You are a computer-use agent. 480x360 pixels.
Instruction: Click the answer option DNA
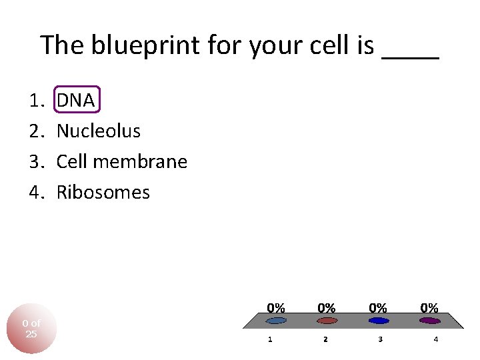76,101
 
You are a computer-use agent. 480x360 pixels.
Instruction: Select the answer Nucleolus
99,131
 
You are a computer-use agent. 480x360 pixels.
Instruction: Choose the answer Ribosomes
103,193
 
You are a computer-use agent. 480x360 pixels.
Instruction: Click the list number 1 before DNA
35,101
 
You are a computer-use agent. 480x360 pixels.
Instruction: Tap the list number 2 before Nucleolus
35,131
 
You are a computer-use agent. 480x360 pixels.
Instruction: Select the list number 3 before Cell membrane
35,162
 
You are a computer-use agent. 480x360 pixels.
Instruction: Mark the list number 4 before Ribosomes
35,193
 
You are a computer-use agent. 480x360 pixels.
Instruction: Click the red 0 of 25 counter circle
31,329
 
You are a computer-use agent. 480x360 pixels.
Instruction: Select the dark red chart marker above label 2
327,321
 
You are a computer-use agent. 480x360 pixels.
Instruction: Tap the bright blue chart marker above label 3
378,321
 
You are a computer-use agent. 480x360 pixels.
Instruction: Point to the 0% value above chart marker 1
276,308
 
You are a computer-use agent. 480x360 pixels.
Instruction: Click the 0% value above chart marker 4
429,308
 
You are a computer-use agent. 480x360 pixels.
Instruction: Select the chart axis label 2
325,339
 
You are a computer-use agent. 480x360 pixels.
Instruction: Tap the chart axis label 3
380,339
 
